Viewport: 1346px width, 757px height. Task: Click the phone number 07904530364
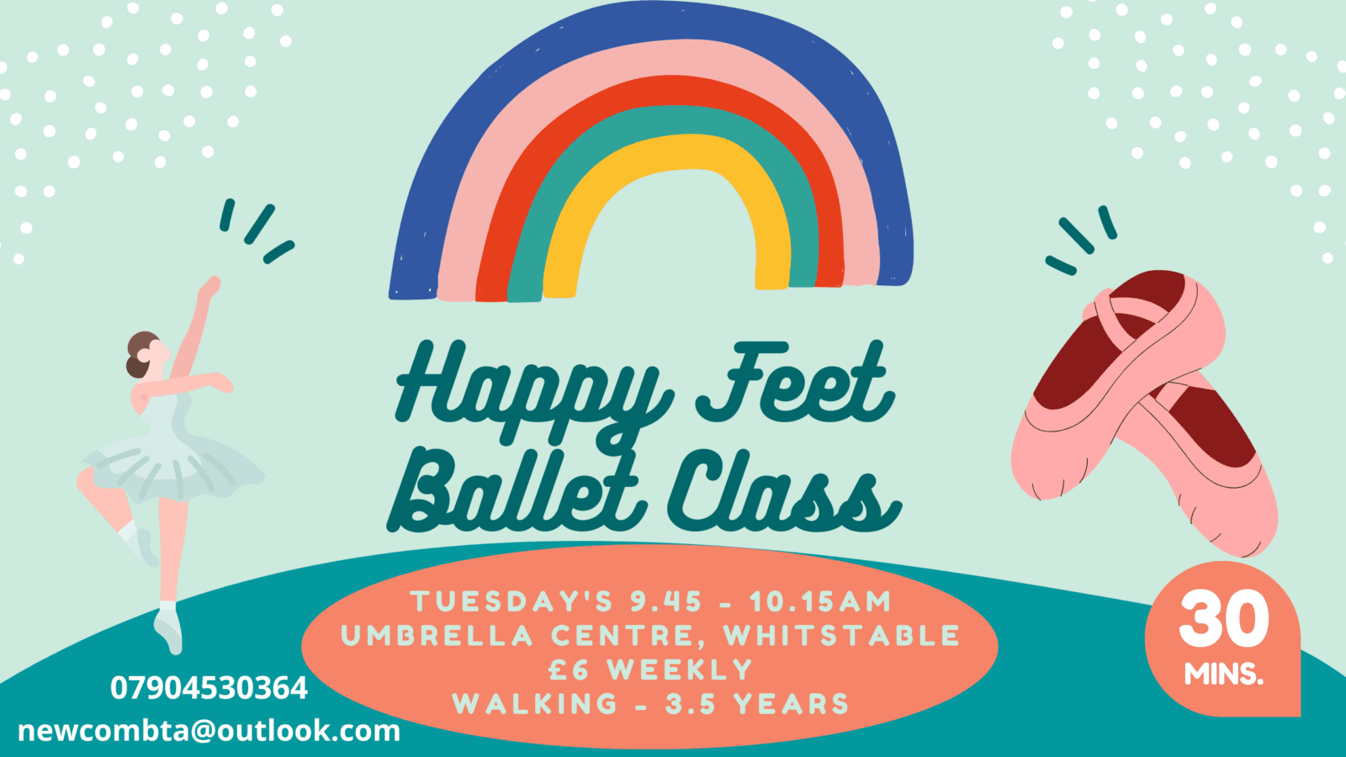pos(209,689)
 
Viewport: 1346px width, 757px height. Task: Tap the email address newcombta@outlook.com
pos(209,731)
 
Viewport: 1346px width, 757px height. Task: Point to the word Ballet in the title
pos(517,490)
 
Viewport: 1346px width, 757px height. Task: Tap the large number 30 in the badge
pos(1224,619)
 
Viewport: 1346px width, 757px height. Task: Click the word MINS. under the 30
pos(1224,674)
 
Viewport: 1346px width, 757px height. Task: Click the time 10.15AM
pos(820,601)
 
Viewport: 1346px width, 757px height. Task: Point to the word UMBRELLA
pos(437,636)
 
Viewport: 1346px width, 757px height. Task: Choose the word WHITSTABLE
pos(841,636)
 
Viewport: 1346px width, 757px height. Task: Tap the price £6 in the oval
pos(569,670)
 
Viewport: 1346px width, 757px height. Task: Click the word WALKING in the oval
pos(535,704)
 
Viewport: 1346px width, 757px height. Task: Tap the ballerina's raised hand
pos(210,287)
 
